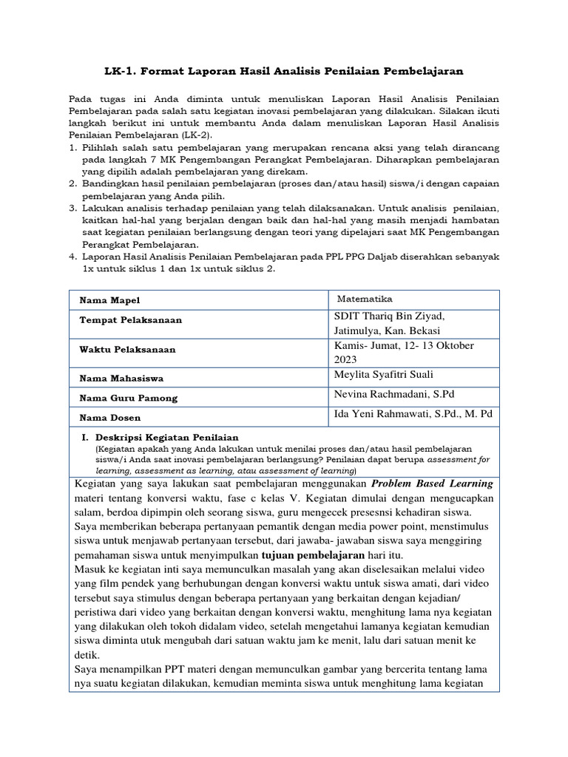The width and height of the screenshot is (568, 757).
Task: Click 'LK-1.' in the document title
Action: click(x=121, y=71)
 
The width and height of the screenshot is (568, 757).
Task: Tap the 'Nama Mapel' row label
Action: click(x=109, y=300)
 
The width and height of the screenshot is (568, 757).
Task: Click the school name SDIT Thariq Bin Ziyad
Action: click(x=390, y=316)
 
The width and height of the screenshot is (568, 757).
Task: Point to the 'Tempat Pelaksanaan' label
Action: click(x=130, y=320)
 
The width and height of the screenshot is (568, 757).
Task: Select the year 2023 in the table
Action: click(x=349, y=359)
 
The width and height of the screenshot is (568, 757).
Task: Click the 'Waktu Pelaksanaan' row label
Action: click(x=127, y=349)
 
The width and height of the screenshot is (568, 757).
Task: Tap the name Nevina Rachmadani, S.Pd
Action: click(x=399, y=393)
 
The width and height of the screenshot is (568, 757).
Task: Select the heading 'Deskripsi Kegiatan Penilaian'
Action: click(x=166, y=438)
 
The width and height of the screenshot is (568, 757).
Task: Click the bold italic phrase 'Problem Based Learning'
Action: click(x=432, y=483)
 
